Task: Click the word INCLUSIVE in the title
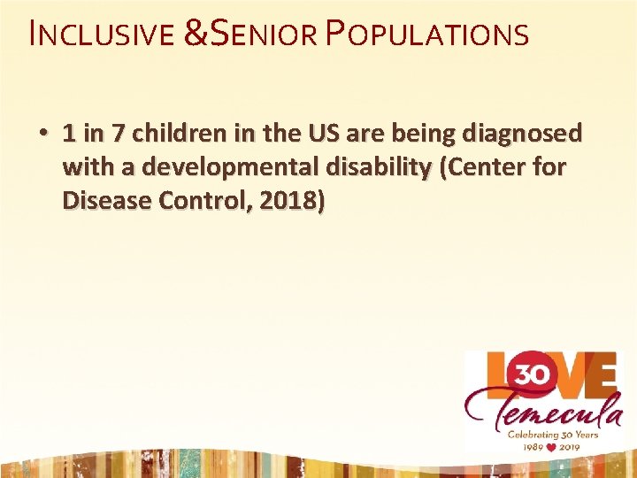(x=100, y=35)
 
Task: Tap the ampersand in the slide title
(x=196, y=35)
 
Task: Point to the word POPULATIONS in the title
(x=428, y=35)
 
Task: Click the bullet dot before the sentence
(x=42, y=134)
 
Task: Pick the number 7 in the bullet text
(x=119, y=134)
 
